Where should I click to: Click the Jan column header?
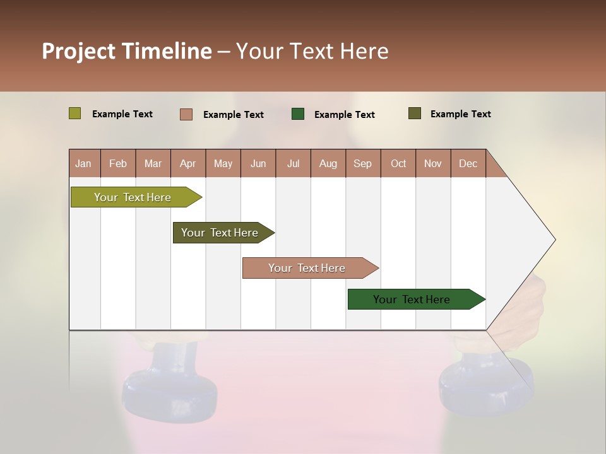(x=84, y=163)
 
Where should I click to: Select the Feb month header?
(x=118, y=163)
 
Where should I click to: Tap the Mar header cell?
(x=153, y=163)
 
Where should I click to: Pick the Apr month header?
(x=188, y=163)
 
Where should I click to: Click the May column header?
(x=223, y=163)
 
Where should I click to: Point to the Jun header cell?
(x=258, y=163)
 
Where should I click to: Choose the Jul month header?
(x=293, y=163)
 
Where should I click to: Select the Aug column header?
(x=328, y=163)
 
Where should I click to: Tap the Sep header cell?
(x=363, y=163)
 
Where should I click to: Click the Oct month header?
(x=398, y=163)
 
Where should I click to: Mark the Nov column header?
(x=433, y=163)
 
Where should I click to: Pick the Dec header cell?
(x=468, y=163)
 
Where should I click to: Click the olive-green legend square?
(x=74, y=113)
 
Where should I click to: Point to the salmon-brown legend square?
(x=186, y=114)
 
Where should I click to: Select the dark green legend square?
(x=298, y=114)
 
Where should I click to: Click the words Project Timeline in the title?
(x=127, y=51)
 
